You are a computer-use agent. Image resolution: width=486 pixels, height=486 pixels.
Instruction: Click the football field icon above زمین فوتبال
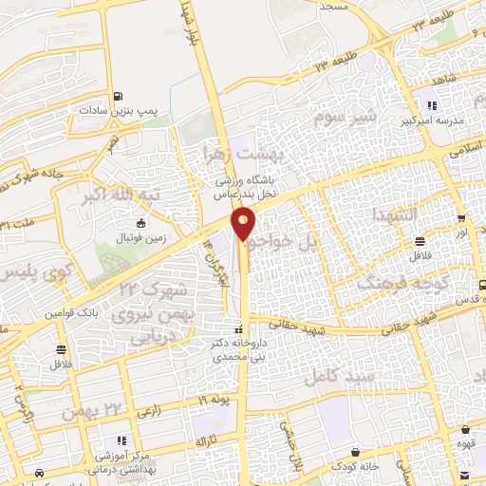tap(141, 224)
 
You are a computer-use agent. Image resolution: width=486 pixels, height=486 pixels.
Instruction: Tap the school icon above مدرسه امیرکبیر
tap(433, 106)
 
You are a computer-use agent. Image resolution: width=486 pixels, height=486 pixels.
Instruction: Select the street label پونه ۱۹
tap(214, 400)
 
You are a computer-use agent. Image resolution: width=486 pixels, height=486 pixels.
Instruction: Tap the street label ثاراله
tap(208, 443)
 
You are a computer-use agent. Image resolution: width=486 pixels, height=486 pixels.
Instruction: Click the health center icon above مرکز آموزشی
tap(121, 440)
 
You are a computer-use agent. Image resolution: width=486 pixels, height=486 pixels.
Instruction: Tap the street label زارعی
tap(150, 412)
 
